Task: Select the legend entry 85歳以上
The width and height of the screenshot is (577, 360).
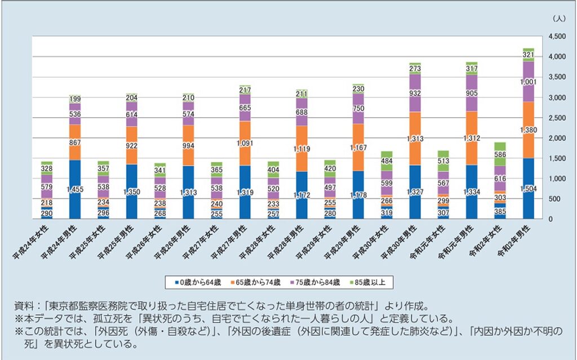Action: coord(370,281)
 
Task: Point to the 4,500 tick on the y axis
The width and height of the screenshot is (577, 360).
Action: coord(554,37)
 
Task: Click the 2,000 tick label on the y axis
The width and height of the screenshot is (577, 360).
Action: coord(554,138)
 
